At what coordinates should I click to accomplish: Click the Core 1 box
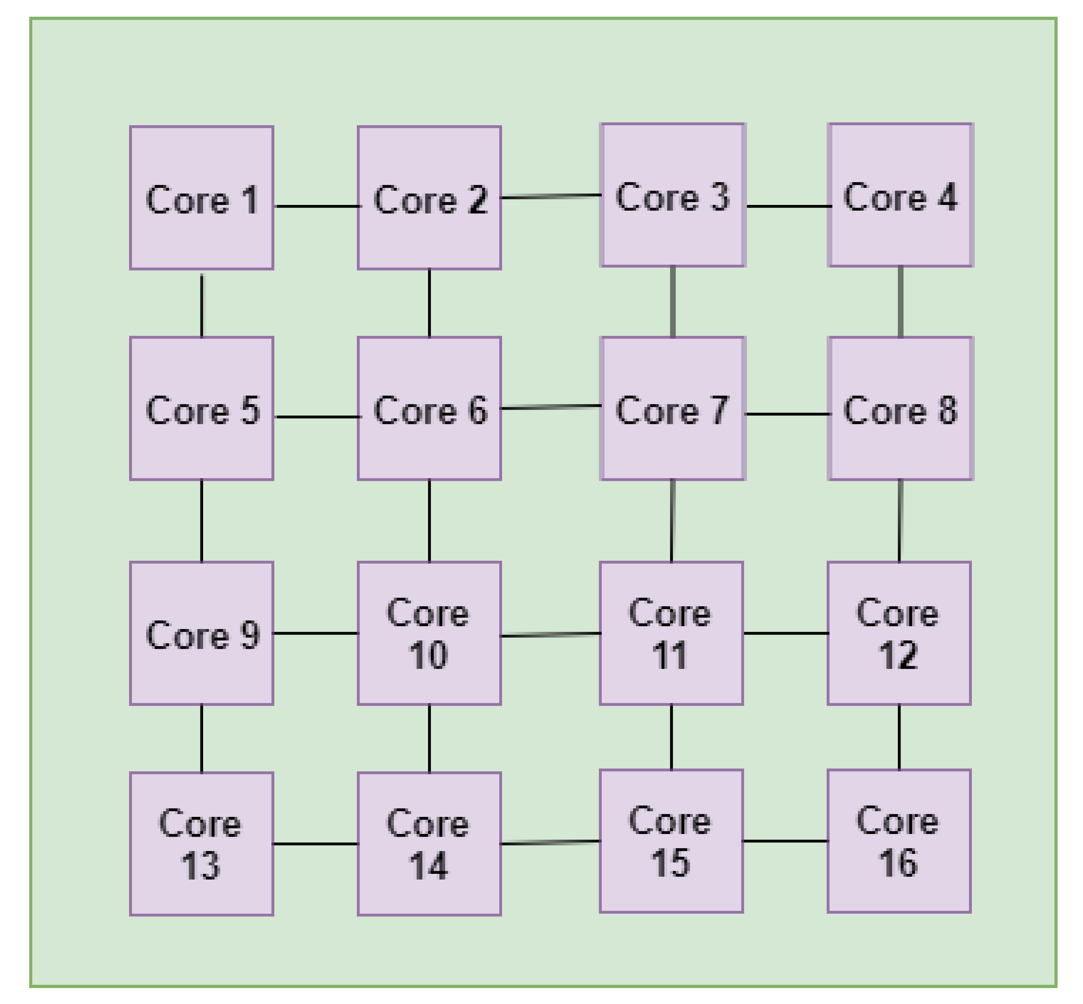(x=201, y=198)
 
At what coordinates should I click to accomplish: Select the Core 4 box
(x=900, y=195)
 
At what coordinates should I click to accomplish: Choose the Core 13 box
(x=201, y=844)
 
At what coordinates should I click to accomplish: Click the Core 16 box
(x=899, y=840)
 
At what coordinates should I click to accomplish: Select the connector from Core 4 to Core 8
(x=900, y=302)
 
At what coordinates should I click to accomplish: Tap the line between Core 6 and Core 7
(x=550, y=407)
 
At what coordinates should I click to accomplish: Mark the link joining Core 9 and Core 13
(x=202, y=738)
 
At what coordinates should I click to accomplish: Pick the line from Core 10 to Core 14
(x=429, y=738)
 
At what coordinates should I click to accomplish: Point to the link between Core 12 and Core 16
(x=899, y=737)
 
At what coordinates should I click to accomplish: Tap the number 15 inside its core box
(x=670, y=863)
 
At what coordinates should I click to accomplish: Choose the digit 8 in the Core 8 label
(x=947, y=410)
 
